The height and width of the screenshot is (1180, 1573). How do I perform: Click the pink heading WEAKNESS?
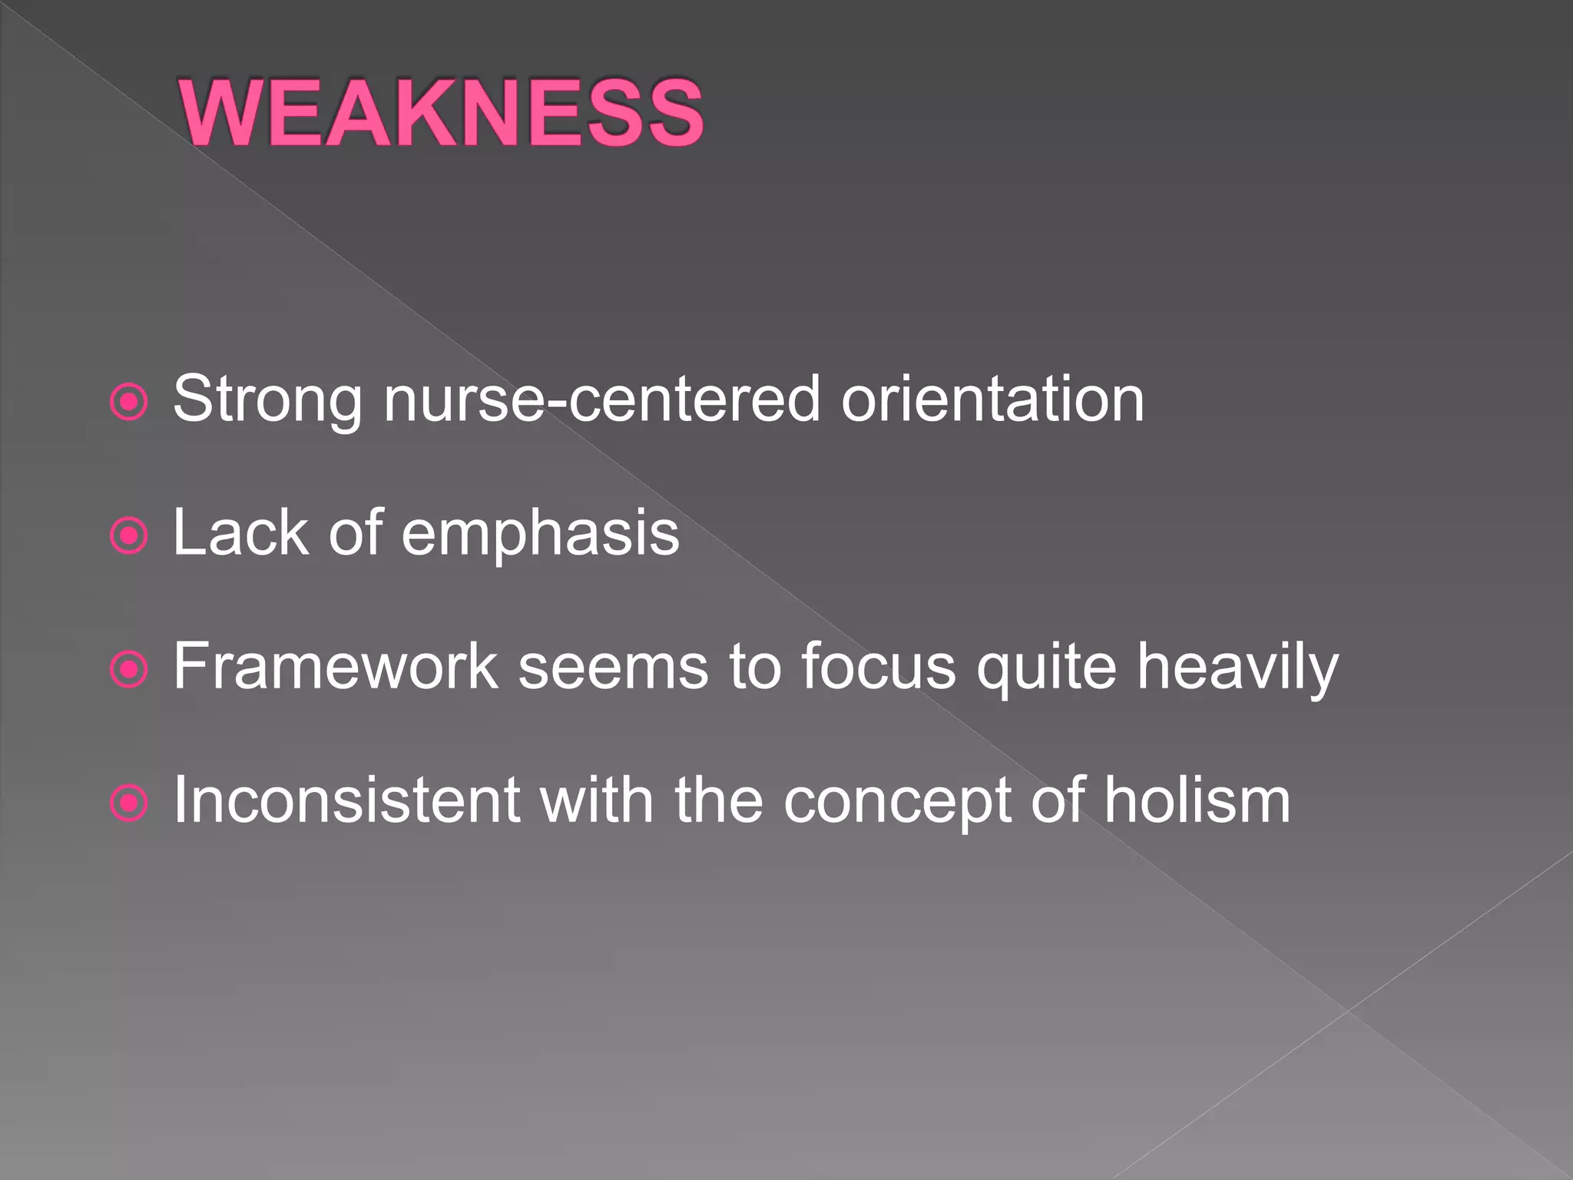(441, 113)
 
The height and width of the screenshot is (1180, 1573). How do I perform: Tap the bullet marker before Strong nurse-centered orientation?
(128, 402)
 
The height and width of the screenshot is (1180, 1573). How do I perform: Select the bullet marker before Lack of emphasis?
(128, 535)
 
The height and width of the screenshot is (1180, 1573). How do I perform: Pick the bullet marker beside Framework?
(128, 669)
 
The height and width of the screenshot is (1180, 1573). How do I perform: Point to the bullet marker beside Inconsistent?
(128, 804)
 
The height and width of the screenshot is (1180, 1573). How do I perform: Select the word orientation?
(992, 399)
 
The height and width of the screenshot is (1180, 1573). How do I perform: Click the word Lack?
(240, 532)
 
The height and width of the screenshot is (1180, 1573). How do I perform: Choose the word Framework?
(336, 666)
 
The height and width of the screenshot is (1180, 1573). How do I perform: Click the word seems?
(612, 666)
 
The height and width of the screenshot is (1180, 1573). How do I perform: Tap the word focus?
(879, 666)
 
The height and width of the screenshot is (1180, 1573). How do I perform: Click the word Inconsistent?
(347, 800)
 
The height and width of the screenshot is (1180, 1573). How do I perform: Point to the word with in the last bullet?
(597, 800)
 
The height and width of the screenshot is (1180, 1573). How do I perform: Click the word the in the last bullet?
(718, 800)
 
